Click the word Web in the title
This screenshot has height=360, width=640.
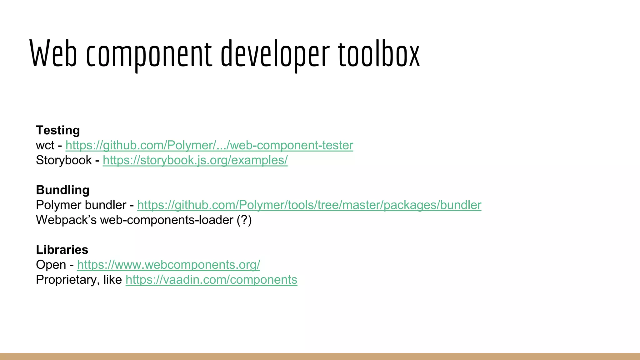coord(53,54)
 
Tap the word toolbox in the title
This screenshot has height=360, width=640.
coord(379,54)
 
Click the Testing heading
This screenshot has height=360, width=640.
coord(58,130)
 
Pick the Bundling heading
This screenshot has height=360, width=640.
coord(62,190)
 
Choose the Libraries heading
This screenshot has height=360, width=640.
coord(62,250)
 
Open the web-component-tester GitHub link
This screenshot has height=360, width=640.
coord(209,145)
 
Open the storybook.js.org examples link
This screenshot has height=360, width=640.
coord(195,160)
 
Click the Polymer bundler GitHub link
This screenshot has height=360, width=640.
coord(309,205)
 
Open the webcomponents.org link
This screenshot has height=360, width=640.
coord(168,265)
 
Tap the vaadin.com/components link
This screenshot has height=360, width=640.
coord(211,280)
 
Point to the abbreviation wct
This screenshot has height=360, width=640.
coord(45,145)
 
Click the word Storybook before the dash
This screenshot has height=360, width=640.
coord(64,160)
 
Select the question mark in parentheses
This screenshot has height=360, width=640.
coord(244,220)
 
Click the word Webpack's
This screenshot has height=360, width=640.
coord(66,220)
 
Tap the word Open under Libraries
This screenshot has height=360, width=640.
coord(51,265)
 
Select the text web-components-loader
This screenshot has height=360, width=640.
coord(167,220)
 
